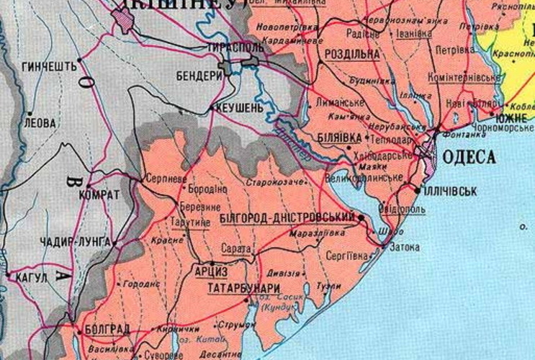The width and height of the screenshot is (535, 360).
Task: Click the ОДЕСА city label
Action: click(469, 156)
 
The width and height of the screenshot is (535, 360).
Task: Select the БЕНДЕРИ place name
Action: click(198, 75)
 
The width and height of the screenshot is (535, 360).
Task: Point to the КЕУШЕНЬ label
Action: click(237, 107)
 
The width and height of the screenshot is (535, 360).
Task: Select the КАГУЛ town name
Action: click(31, 277)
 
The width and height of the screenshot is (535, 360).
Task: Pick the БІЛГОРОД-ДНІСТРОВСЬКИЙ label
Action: click(286, 217)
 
